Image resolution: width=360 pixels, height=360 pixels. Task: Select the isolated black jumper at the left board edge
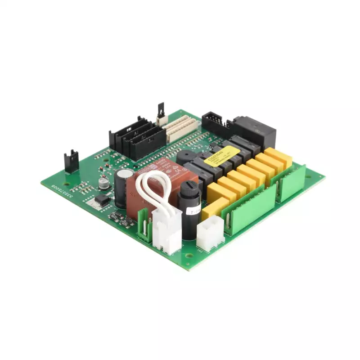[x=71, y=161]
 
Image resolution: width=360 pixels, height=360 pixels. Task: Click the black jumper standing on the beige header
[x=161, y=112]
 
